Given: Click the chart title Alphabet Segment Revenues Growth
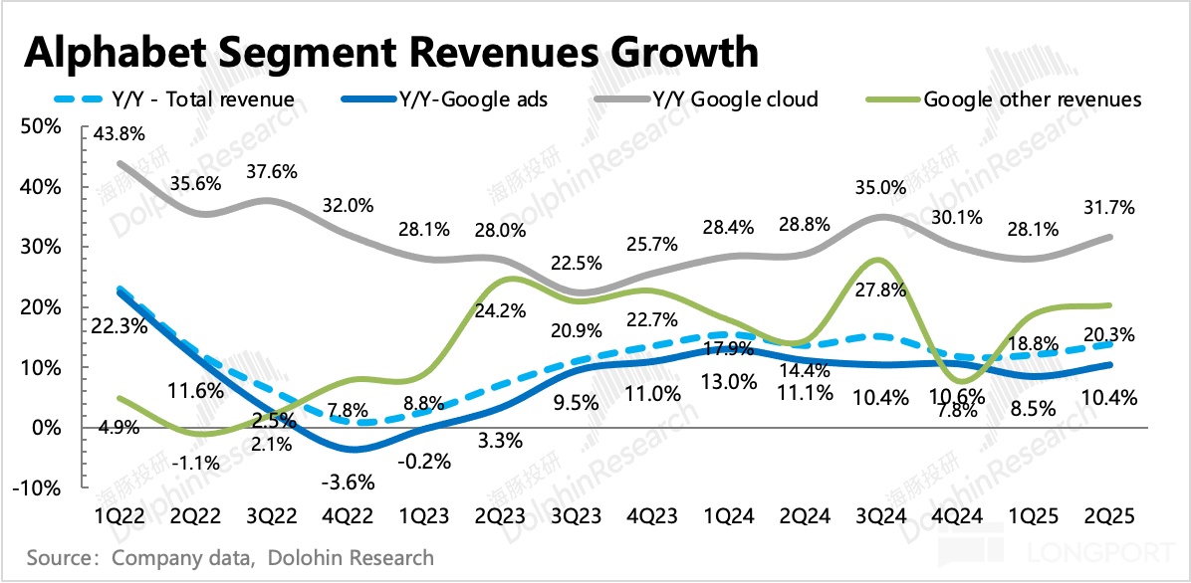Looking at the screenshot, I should [391, 52].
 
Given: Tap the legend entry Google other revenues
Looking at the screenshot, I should [1033, 98].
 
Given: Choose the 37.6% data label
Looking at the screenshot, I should [273, 171].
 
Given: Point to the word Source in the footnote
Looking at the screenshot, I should [57, 556].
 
